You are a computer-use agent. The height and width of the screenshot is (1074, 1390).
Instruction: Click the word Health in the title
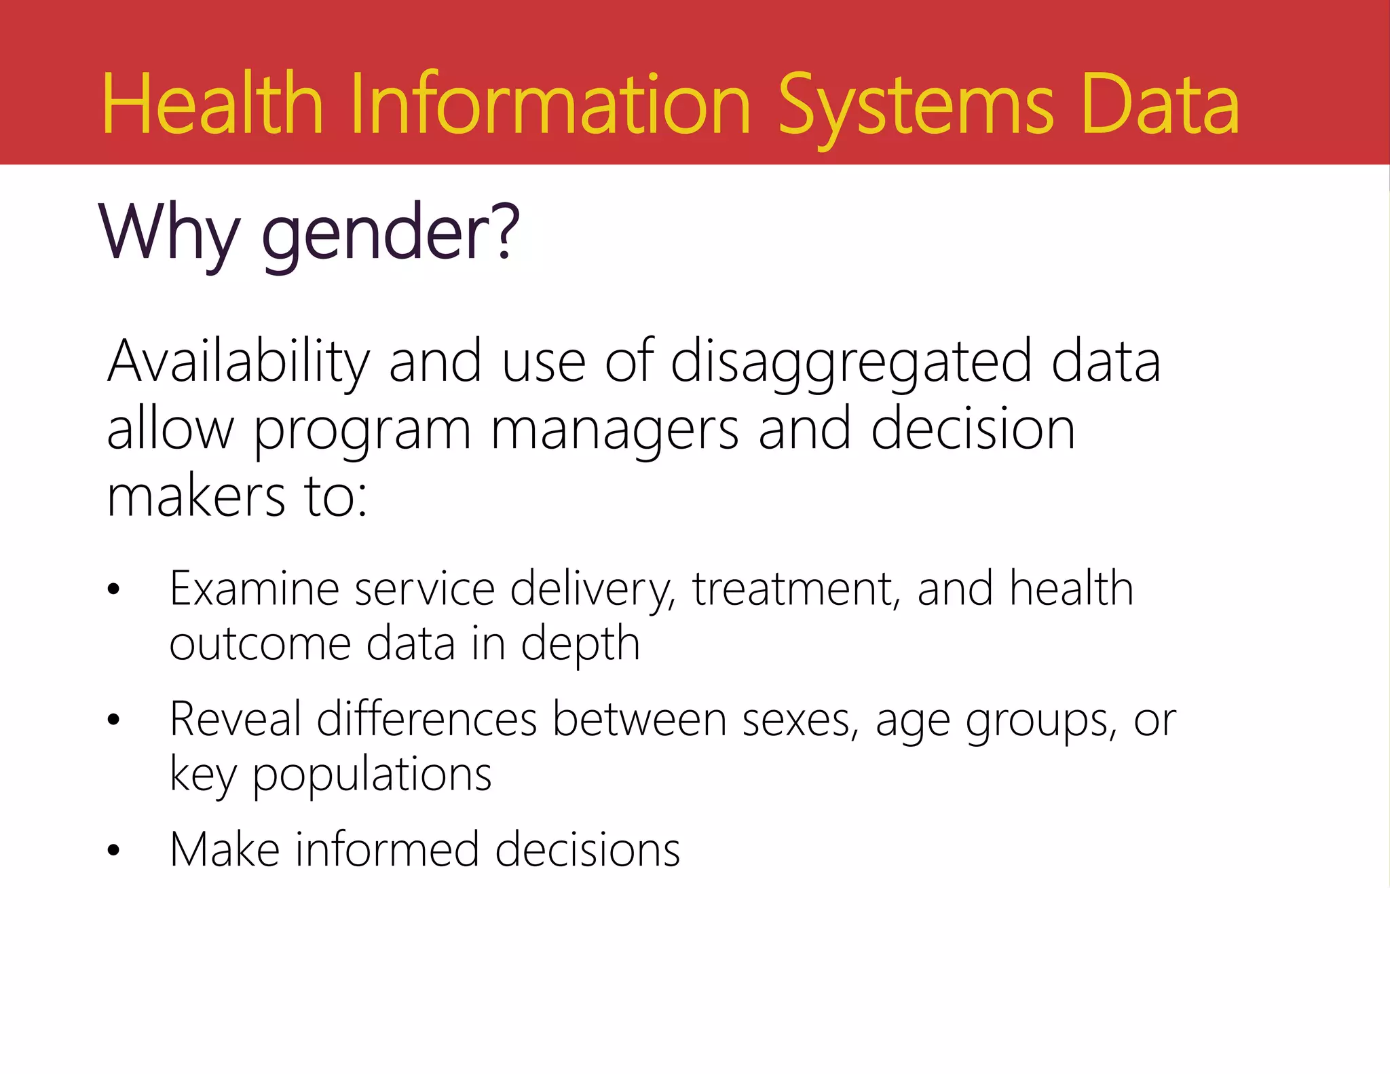point(212,105)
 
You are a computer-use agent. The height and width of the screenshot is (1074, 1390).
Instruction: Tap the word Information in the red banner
point(550,105)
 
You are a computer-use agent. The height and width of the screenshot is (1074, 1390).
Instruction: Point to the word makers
point(196,497)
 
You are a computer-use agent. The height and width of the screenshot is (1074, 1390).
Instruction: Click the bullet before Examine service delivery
point(113,589)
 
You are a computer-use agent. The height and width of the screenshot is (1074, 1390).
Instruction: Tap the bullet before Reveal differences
point(113,720)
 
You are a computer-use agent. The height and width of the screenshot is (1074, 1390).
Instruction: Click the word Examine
point(255,589)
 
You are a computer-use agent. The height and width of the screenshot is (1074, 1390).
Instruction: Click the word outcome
point(260,644)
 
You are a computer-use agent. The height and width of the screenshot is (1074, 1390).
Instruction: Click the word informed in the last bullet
point(387,850)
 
